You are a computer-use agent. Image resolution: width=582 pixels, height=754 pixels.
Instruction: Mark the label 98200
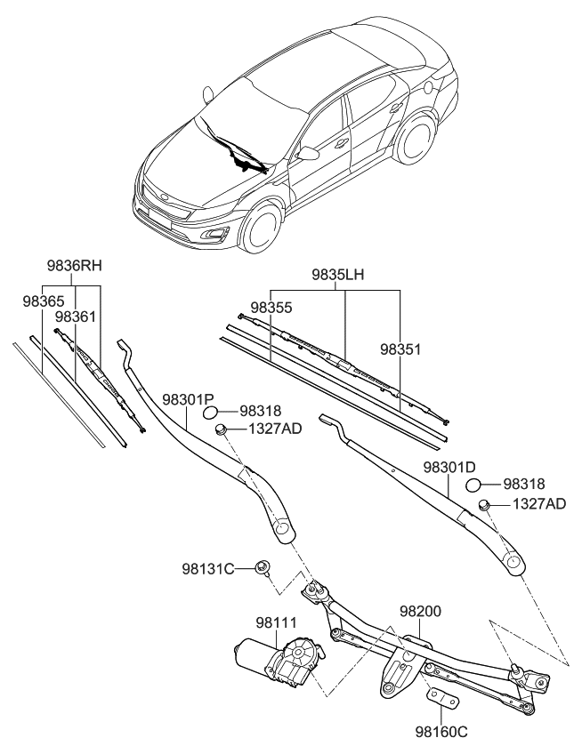point(420,613)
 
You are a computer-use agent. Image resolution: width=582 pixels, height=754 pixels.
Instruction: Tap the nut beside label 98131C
point(263,567)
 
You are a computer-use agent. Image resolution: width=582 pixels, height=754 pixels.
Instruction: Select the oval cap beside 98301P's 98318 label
point(213,412)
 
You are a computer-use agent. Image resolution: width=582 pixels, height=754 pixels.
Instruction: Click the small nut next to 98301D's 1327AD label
point(485,506)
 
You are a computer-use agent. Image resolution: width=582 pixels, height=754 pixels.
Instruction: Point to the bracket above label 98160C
point(441,697)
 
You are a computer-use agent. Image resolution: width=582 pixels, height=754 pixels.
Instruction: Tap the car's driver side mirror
point(308,154)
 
